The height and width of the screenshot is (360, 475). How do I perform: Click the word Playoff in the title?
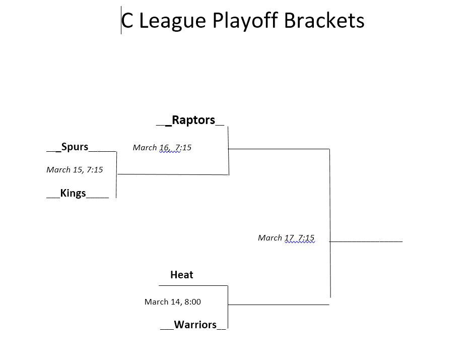click(245, 21)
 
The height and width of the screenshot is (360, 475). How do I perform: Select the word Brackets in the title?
click(324, 20)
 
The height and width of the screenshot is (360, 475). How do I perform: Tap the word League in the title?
click(172, 21)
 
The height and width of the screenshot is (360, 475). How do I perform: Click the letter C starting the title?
click(127, 21)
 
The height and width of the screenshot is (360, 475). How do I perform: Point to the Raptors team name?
click(193, 120)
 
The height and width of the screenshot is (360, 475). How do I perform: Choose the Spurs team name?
click(75, 147)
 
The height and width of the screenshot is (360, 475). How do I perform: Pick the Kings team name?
click(73, 193)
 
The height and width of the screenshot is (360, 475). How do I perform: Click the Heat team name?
click(182, 275)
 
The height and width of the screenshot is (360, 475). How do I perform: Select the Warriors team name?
click(195, 325)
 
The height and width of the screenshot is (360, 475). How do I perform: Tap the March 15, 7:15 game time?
click(75, 169)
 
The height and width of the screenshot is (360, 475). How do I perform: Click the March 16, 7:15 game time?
click(162, 148)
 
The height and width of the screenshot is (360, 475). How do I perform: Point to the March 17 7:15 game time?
click(286, 238)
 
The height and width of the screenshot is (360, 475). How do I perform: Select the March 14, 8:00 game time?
click(173, 302)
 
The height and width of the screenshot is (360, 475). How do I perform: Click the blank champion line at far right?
click(366, 242)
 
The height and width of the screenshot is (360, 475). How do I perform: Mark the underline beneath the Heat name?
click(193, 285)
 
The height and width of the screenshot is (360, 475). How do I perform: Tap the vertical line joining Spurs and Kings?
click(116, 174)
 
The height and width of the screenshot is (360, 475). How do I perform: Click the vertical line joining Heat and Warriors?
click(228, 307)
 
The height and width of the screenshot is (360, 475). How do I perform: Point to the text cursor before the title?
click(121, 20)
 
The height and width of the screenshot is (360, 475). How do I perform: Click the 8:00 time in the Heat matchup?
click(192, 302)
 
